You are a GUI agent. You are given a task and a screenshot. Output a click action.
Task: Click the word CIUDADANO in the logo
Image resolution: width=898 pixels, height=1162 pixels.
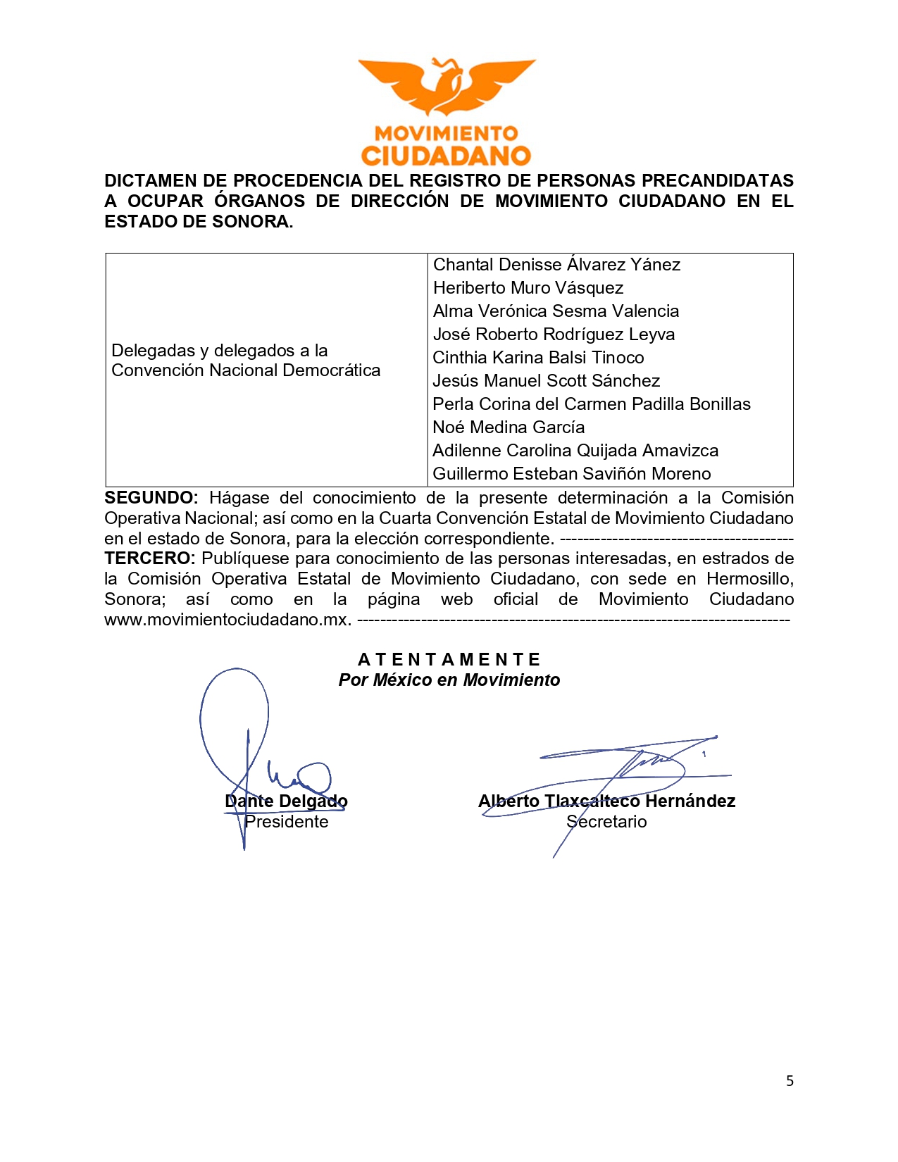point(446,156)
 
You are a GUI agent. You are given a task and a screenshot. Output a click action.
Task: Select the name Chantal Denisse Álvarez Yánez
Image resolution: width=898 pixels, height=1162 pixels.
point(556,265)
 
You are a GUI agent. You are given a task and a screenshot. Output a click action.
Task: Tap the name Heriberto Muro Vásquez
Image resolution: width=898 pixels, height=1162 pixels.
point(528,288)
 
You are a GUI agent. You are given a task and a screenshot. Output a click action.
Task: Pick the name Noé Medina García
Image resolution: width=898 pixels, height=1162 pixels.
point(508,427)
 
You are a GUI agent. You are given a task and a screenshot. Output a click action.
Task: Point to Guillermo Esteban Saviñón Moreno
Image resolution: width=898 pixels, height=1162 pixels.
point(571,474)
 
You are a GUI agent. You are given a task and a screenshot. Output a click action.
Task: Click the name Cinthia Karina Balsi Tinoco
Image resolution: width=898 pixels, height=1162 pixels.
point(538,358)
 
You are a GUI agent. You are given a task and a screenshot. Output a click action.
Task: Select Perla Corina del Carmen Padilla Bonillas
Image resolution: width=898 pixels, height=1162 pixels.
point(591,404)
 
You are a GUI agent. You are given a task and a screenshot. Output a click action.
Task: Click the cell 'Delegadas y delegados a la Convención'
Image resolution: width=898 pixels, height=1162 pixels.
point(245,361)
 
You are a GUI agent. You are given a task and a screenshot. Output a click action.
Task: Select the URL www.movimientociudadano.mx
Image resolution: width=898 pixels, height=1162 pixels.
point(227,620)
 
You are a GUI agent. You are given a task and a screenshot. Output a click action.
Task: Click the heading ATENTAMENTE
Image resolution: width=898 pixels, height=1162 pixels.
point(449,660)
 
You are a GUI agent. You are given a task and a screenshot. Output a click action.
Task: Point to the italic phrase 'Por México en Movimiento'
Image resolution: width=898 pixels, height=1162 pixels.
point(449,680)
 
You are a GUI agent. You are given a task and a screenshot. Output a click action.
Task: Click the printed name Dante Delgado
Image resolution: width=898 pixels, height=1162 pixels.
point(286,801)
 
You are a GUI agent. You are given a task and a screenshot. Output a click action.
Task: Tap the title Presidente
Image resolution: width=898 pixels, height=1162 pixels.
point(286,822)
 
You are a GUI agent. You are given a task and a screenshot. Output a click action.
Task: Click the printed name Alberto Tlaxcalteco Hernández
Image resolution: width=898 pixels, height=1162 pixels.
point(606,801)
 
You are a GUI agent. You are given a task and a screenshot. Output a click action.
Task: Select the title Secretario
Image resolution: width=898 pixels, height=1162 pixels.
point(606,822)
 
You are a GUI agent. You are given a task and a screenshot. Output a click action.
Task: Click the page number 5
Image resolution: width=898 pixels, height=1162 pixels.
point(790,1081)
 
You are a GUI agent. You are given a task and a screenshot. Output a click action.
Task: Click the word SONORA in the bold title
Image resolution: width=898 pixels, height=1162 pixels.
point(254,222)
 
